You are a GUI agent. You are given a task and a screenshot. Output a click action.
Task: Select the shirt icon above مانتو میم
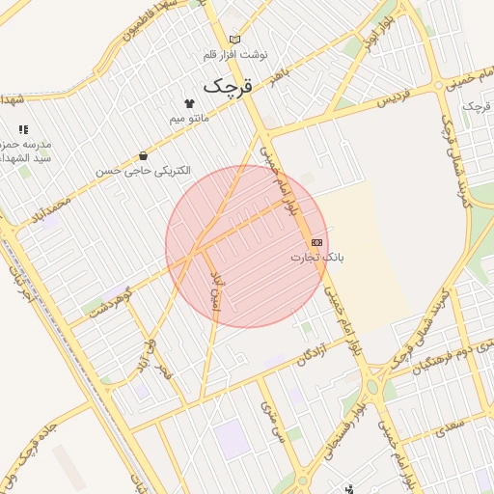[188, 103]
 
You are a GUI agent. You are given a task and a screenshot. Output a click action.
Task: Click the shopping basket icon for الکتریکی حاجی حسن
[144, 155]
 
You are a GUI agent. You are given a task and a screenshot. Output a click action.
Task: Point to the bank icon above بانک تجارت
[316, 242]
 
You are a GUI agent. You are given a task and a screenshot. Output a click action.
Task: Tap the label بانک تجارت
[317, 259]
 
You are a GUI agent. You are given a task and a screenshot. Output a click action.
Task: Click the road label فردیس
[394, 99]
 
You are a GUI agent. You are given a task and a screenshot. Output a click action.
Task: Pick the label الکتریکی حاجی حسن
[143, 171]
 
